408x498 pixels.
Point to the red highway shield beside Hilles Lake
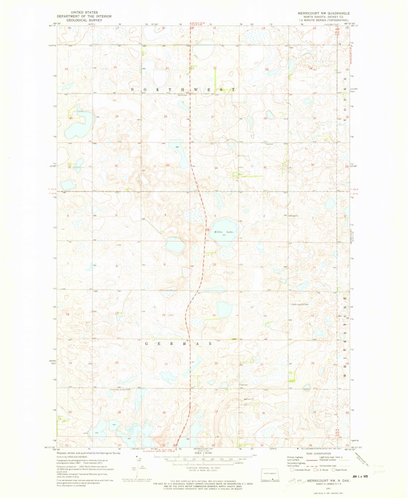point(208,230)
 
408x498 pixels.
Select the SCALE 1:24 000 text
point(204,453)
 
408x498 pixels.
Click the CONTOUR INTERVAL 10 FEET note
point(204,467)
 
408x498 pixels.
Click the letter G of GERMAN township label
point(146,343)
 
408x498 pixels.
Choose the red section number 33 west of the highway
point(167,165)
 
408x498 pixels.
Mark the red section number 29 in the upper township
point(117,117)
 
